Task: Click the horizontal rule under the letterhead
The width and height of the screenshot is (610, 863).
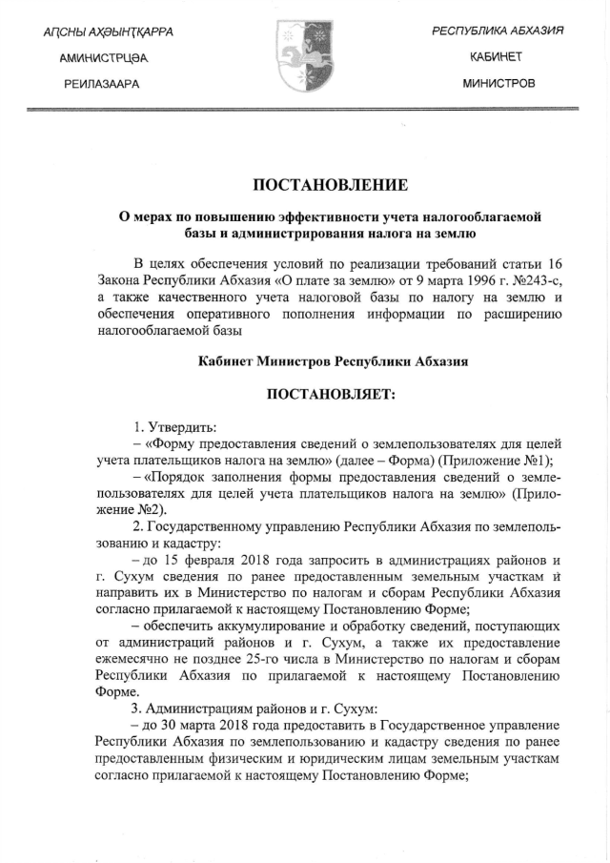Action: [305, 111]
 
